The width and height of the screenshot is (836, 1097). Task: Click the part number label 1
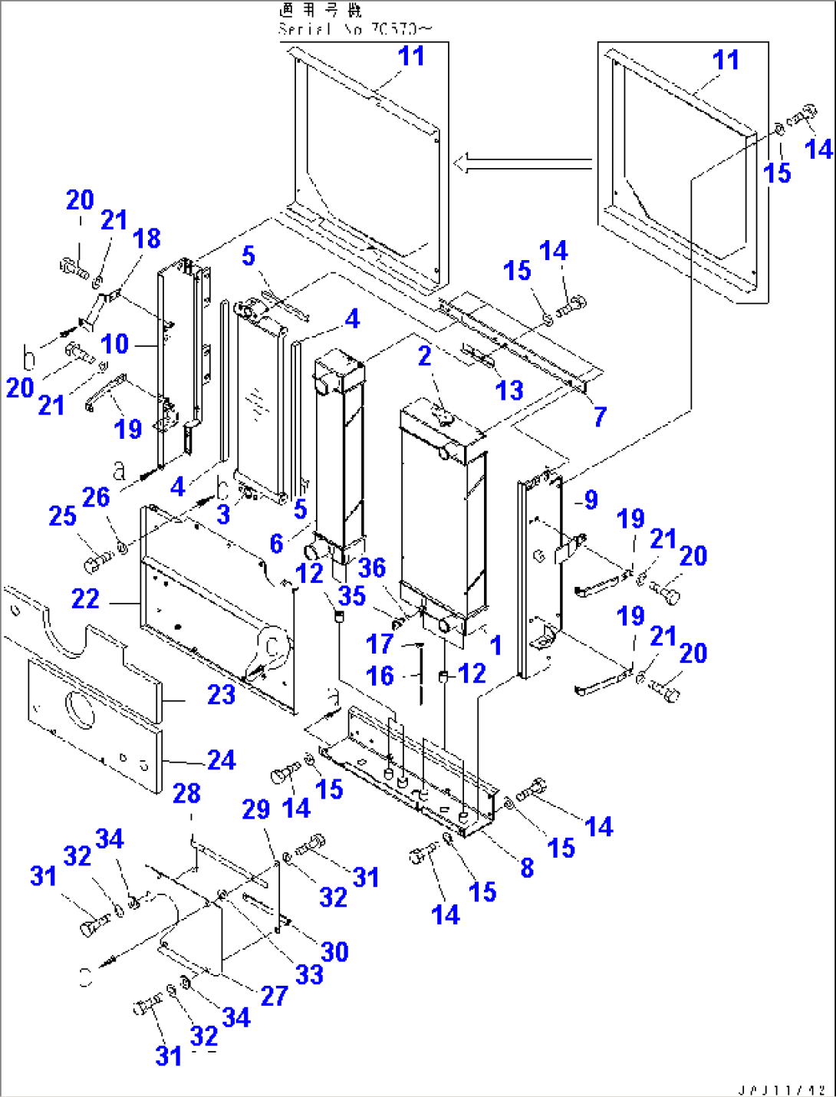coord(496,645)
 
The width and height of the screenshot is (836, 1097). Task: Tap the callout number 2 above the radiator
coord(425,356)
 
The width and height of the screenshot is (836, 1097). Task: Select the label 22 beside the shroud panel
coord(85,598)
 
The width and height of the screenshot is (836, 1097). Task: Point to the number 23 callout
coord(221,695)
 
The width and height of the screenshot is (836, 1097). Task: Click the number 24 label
coord(222,760)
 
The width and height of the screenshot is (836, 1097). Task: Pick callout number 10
coord(115,344)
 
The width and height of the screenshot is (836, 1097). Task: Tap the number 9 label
coord(590,500)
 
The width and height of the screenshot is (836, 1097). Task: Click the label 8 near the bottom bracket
coord(527,868)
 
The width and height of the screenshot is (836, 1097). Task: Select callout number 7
coord(600,417)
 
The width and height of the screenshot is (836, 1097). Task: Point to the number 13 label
coord(509,390)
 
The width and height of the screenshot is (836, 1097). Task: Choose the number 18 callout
coord(146,239)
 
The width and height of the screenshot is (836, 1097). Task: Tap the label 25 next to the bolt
coord(62,516)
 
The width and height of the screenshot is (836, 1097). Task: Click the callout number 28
coord(186,793)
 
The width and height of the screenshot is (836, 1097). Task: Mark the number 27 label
coord(274,996)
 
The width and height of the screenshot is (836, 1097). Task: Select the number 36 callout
coord(372,568)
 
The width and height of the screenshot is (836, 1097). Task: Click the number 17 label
coord(380,644)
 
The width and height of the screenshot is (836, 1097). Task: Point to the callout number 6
coord(277,544)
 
